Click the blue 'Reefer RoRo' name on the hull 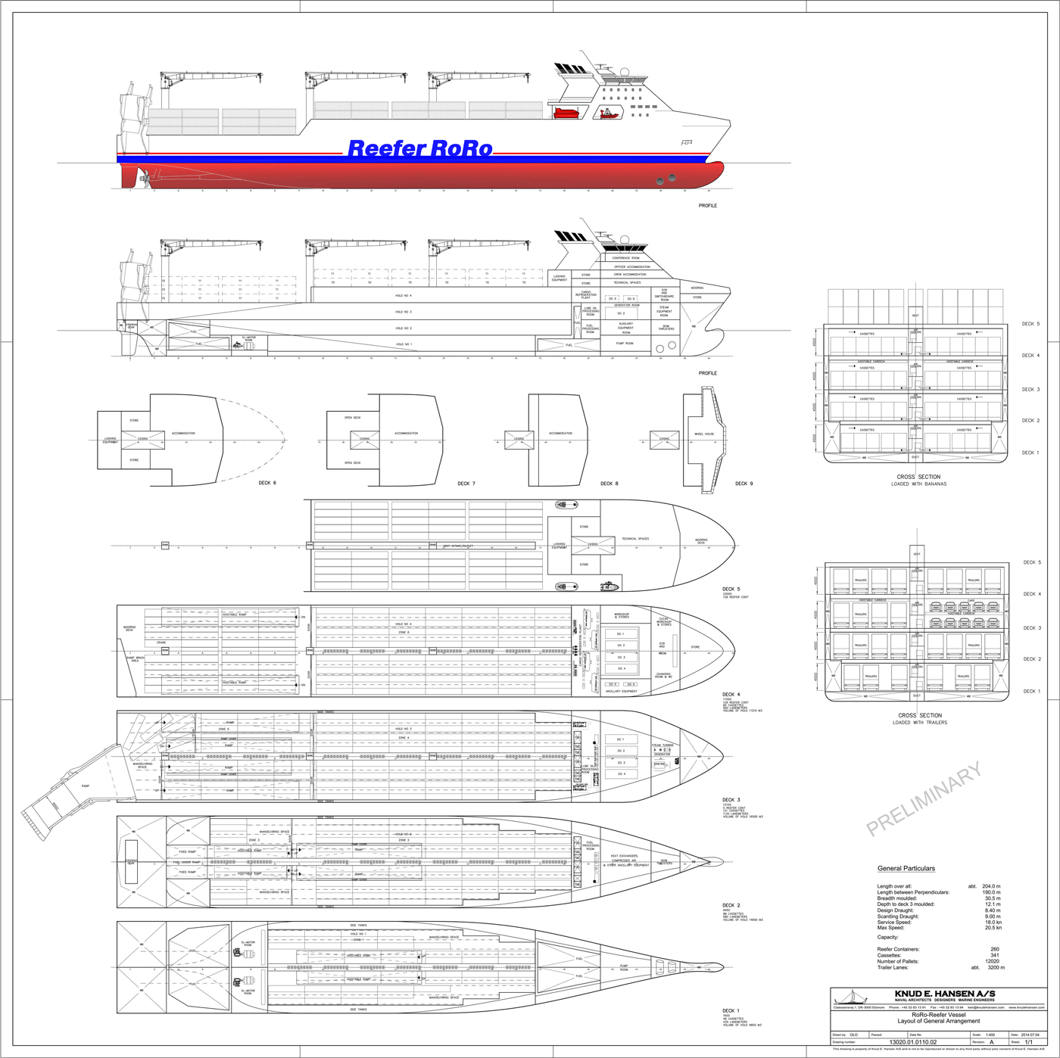(x=419, y=149)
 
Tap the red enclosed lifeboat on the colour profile (x=566, y=114)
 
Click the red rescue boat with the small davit (x=607, y=114)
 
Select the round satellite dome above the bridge (x=624, y=71)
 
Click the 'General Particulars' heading (x=906, y=868)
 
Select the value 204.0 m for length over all (x=990, y=886)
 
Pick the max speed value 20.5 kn (x=993, y=928)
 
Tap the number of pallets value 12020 (x=991, y=961)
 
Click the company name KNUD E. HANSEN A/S (x=944, y=994)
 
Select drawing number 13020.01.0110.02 (x=912, y=1042)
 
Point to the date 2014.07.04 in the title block (x=1029, y=1035)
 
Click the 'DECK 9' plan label (x=744, y=484)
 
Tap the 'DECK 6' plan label (x=267, y=483)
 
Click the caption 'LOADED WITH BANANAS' (x=918, y=484)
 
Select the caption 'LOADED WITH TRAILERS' (x=919, y=723)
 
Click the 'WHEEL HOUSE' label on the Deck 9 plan (x=704, y=434)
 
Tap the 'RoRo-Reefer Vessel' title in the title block (x=938, y=1015)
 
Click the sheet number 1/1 (x=1028, y=1042)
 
